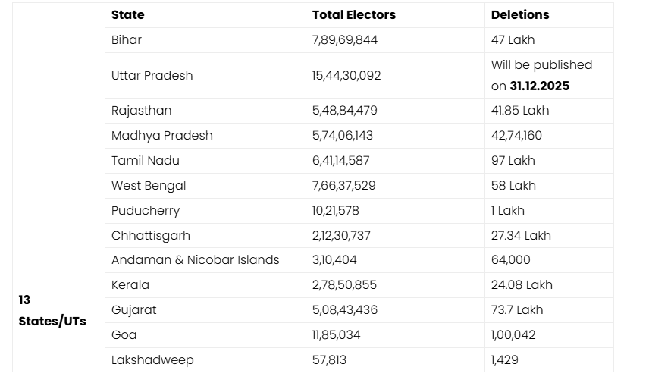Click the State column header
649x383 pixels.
(x=127, y=14)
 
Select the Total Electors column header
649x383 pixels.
(x=353, y=14)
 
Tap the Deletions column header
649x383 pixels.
(x=520, y=14)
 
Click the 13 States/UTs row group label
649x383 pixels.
(x=52, y=310)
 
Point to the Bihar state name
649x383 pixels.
(x=127, y=39)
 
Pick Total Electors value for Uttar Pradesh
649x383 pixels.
(x=346, y=75)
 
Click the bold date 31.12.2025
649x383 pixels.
(x=539, y=86)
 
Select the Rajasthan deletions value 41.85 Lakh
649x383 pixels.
(x=520, y=110)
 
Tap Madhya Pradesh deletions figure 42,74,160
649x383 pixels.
(x=521, y=135)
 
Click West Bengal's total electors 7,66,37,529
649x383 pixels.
(x=343, y=185)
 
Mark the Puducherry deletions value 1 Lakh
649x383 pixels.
(x=507, y=210)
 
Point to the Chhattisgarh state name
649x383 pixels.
(x=151, y=235)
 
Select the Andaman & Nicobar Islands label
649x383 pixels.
(x=195, y=259)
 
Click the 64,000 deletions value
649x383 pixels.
(x=510, y=259)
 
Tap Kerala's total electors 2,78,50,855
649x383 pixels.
(x=344, y=284)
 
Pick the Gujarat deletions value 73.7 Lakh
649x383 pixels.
(x=517, y=309)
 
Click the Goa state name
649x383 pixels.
(x=124, y=334)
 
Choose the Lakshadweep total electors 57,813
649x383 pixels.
(x=329, y=359)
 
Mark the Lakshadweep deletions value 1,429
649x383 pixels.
(x=505, y=359)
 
